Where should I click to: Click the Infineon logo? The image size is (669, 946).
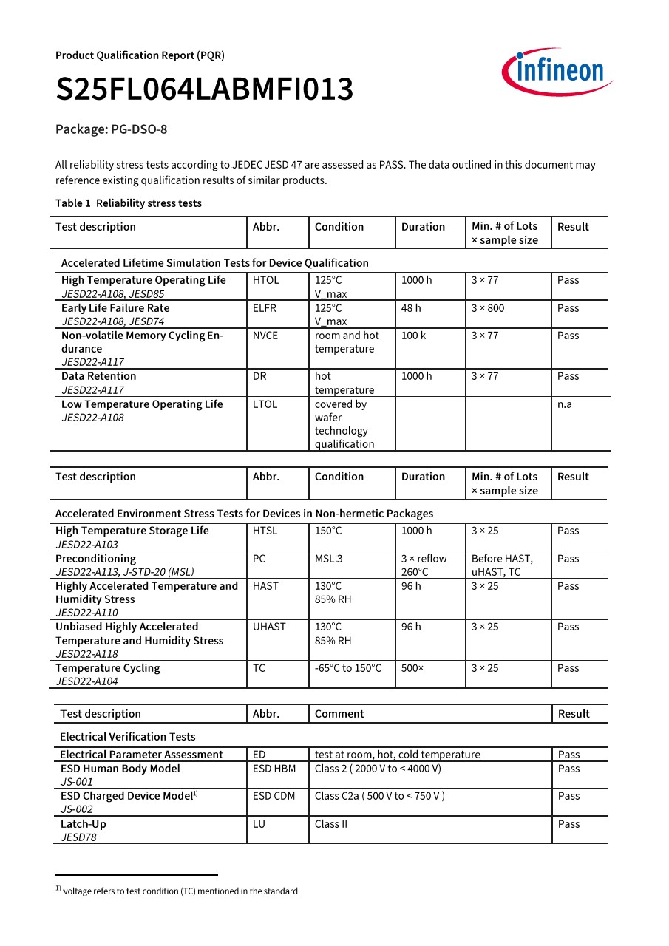[x=557, y=72]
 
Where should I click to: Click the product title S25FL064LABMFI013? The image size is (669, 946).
[x=205, y=89]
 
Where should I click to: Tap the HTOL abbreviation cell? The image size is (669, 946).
[x=265, y=280]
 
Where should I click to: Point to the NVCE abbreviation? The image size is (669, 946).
[x=265, y=336]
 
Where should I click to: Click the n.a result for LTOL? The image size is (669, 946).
[x=565, y=404]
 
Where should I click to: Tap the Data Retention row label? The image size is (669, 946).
[x=98, y=376]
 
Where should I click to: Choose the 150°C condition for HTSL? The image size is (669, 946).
[x=328, y=531]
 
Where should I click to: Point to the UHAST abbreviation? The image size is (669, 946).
[x=269, y=627]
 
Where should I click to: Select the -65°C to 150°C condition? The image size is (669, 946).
[x=348, y=668]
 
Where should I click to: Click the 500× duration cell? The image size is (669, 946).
[x=412, y=668]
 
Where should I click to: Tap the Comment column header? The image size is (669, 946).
[x=339, y=714]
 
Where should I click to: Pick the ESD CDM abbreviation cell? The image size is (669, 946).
[x=274, y=796]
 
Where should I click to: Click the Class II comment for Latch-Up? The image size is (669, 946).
[x=330, y=824]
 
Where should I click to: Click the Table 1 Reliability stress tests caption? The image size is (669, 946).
[x=129, y=203]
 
